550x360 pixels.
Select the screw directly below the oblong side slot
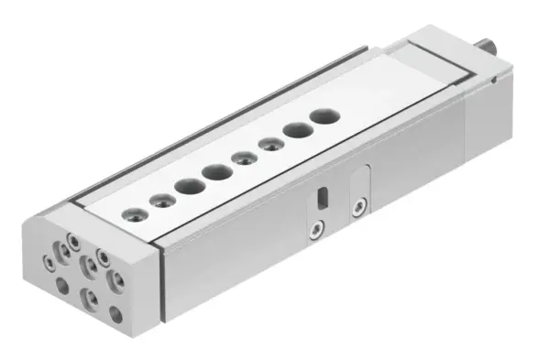click(316, 226)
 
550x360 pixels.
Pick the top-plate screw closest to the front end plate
click(135, 215)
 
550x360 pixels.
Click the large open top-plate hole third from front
click(191, 186)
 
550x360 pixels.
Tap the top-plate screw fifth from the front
click(243, 158)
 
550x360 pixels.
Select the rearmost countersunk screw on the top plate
click(270, 144)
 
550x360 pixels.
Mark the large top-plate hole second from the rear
click(296, 131)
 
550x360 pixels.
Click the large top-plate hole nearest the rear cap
click(323, 117)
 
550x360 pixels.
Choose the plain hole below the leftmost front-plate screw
click(61, 285)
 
